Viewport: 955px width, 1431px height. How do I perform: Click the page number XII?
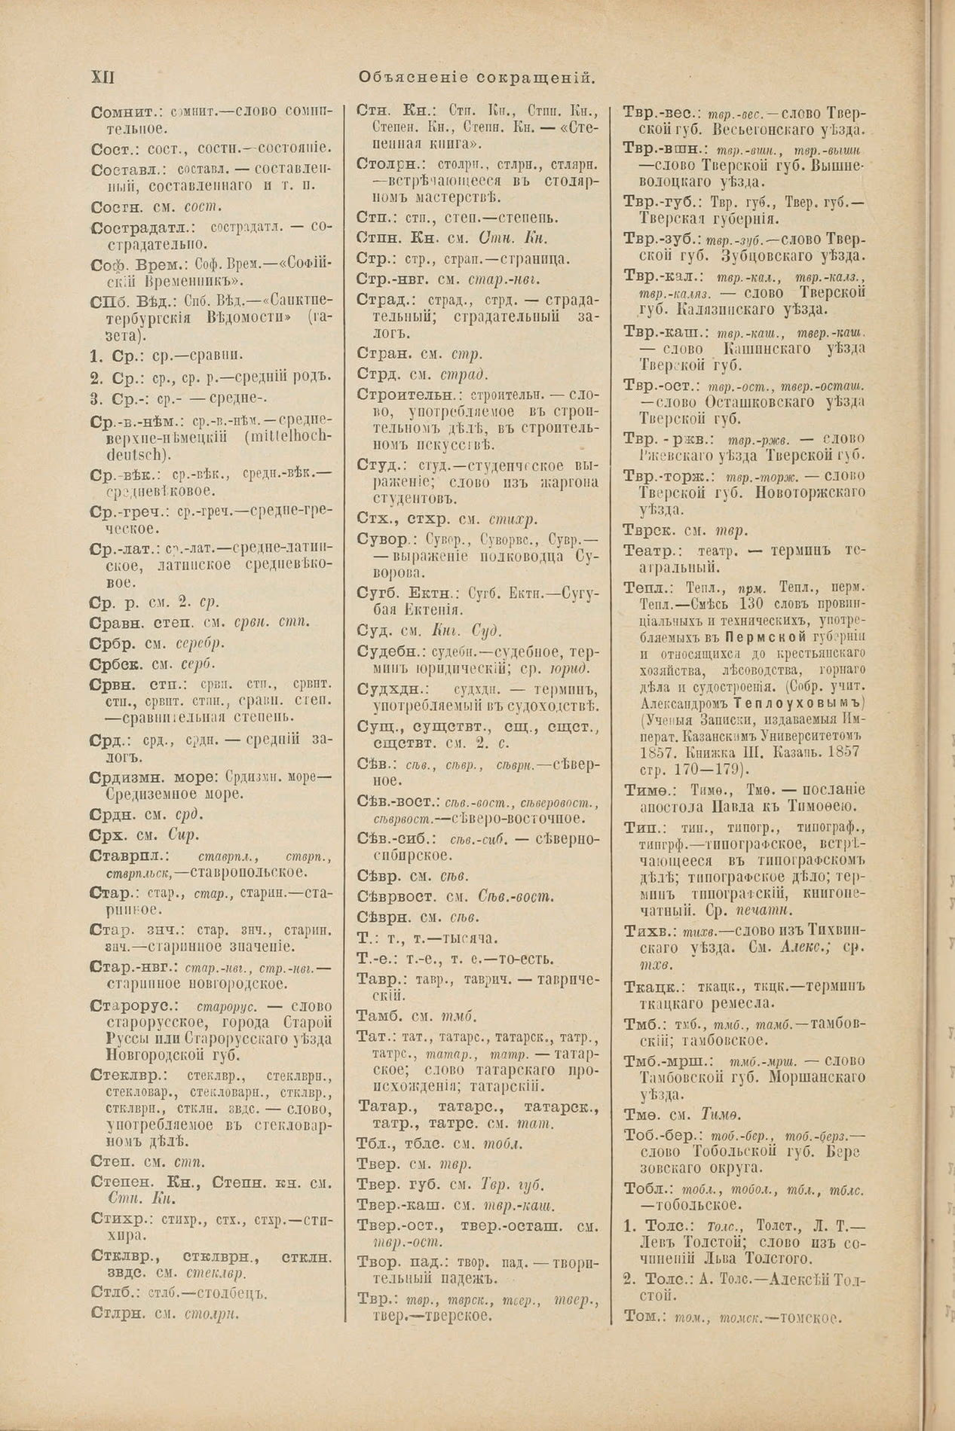coord(102,77)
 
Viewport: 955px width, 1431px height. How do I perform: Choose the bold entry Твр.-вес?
coord(660,111)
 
